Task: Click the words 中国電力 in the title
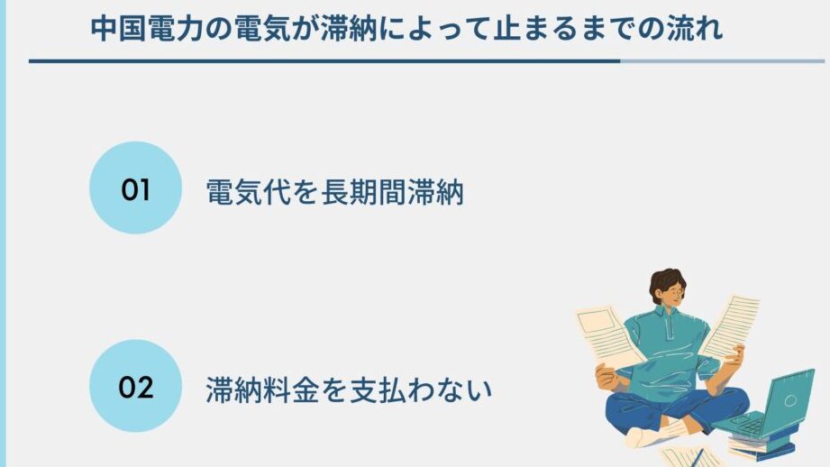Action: [x=147, y=29]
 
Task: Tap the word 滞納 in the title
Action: [x=349, y=29]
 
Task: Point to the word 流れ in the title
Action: [x=695, y=29]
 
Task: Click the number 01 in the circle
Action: [x=135, y=189]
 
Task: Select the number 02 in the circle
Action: [x=135, y=387]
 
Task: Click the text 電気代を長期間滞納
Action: [x=334, y=192]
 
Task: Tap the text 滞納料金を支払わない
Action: [x=349, y=389]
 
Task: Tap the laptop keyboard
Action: [x=743, y=423]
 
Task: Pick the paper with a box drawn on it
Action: [x=607, y=334]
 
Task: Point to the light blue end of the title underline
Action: [x=722, y=61]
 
